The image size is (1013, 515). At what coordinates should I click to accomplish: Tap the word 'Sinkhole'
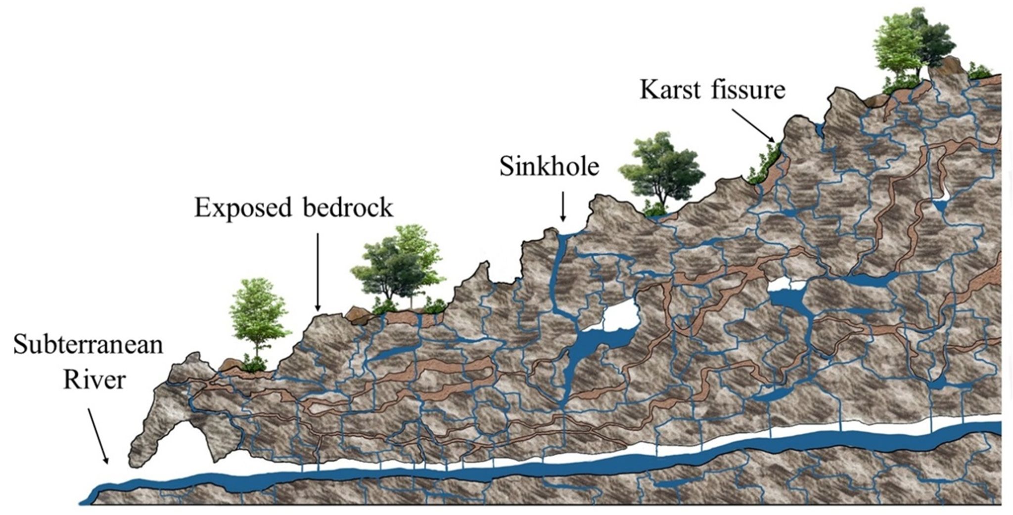coord(549,167)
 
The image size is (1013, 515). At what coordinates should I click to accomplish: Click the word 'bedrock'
coord(348,208)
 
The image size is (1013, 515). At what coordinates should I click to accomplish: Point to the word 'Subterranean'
coord(88,344)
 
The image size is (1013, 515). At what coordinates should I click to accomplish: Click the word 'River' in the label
coord(94,381)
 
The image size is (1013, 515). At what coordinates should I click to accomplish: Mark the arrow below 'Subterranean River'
coord(98,435)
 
